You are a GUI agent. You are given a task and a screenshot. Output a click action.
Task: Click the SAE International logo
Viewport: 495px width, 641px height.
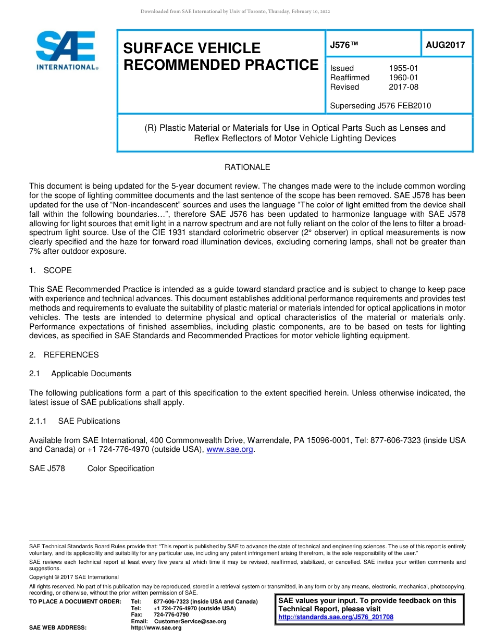[67, 50]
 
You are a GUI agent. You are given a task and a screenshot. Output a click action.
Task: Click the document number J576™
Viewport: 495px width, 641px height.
[344, 45]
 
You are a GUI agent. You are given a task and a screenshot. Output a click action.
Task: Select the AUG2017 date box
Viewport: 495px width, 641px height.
[445, 45]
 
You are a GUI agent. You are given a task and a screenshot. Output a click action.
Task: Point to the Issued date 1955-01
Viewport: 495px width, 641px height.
[403, 68]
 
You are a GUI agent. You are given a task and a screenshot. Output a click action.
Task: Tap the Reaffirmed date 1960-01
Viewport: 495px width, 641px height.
[403, 78]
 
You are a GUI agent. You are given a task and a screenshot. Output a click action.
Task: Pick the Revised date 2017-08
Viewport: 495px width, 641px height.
[403, 87]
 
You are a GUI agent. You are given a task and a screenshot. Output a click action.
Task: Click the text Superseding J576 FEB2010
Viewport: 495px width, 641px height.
[380, 106]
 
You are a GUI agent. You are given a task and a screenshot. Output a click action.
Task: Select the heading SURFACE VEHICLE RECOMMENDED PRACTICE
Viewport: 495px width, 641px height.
[220, 56]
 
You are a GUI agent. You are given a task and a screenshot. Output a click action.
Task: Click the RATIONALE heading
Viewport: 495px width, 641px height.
[247, 167]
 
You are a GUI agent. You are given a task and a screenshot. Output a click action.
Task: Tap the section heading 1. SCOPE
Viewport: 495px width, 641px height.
[51, 270]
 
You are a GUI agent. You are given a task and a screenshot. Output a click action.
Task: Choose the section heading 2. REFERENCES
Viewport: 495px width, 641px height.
[64, 355]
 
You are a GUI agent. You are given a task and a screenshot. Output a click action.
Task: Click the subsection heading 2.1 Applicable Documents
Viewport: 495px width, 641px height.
[81, 374]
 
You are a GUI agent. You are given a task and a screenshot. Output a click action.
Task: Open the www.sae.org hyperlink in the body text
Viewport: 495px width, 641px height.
[230, 450]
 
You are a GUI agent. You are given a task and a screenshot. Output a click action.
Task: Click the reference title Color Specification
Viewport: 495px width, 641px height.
[121, 469]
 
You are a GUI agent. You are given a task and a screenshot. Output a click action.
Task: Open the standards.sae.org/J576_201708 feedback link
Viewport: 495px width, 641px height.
[336, 617]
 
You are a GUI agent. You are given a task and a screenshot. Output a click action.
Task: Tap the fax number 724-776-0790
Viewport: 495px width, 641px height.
[171, 615]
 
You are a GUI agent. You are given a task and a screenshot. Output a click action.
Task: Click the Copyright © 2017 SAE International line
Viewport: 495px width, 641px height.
[74, 577]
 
